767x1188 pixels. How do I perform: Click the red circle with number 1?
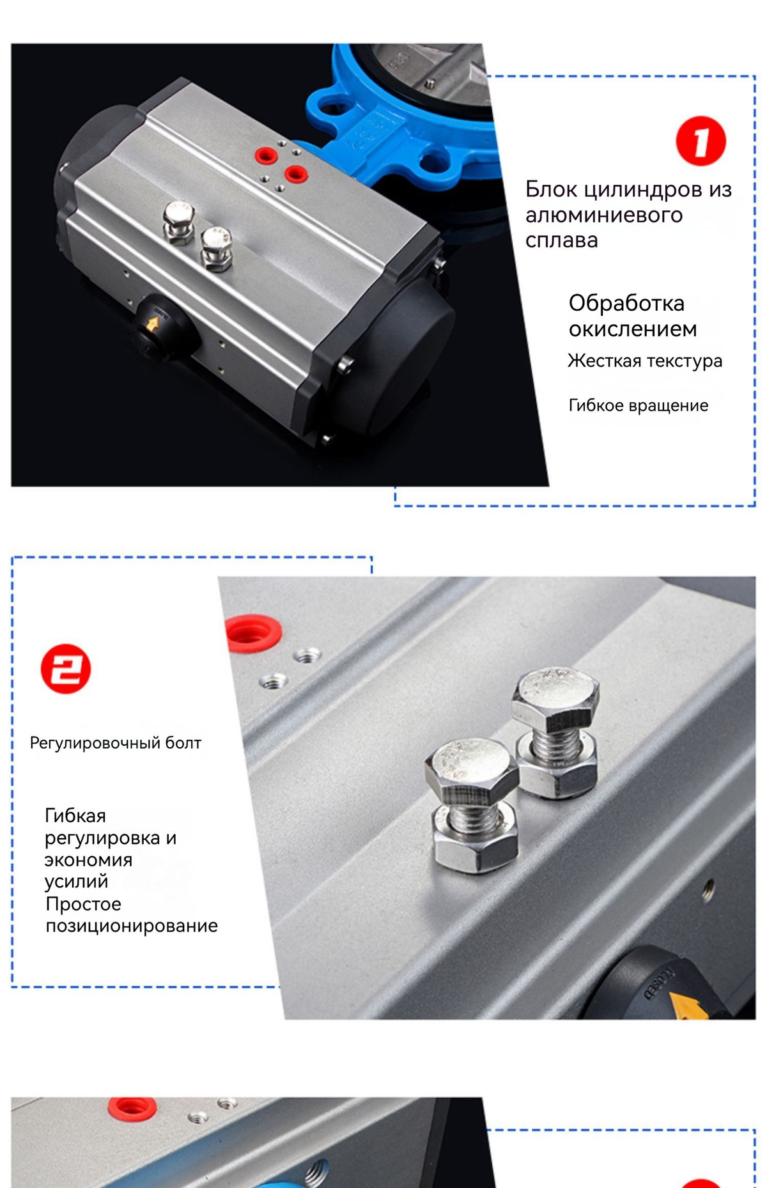click(701, 141)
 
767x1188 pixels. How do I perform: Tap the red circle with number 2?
click(66, 669)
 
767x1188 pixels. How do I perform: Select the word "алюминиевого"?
click(604, 215)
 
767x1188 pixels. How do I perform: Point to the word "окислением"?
click(633, 329)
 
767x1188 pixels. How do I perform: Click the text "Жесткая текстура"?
click(645, 361)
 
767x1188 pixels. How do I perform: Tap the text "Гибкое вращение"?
click(639, 405)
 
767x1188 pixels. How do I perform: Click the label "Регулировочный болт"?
click(116, 743)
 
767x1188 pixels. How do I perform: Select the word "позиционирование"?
click(132, 925)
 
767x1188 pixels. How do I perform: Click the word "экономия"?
click(88, 860)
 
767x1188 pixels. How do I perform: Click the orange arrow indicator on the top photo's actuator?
click(152, 323)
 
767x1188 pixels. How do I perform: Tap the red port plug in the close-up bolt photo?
click(254, 633)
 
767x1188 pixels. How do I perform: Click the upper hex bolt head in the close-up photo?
click(556, 696)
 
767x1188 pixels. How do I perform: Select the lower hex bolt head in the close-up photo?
click(472, 770)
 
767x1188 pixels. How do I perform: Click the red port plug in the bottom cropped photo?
click(132, 1108)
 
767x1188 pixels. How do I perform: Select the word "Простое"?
click(83, 904)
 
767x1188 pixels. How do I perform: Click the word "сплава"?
click(562, 240)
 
